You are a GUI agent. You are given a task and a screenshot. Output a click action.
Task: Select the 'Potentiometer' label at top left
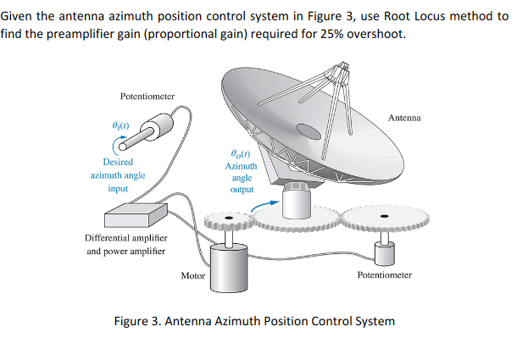[147, 96]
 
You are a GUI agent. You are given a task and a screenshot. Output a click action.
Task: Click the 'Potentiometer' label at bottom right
[385, 275]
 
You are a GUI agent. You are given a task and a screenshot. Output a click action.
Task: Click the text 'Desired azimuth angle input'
[117, 174]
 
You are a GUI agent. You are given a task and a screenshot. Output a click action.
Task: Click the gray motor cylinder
[228, 269]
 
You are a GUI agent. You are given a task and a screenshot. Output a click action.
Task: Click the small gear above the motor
[228, 222]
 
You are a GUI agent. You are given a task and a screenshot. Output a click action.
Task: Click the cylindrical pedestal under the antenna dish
[298, 202]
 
